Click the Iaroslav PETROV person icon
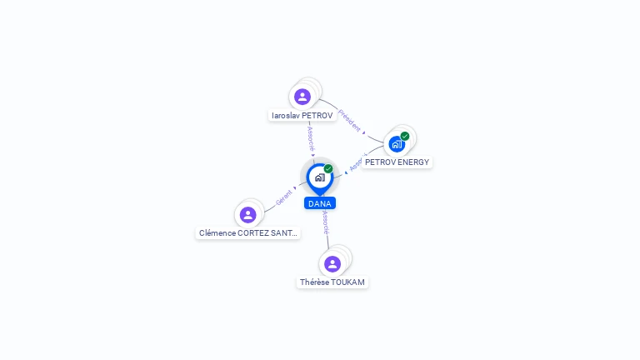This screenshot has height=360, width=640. [302, 97]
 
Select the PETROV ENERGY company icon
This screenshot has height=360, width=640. [397, 143]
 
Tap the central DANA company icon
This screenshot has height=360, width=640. [319, 177]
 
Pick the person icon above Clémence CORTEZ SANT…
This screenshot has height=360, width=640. [247, 215]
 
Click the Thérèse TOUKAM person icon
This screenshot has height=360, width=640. [332, 264]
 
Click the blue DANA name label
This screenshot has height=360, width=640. [320, 203]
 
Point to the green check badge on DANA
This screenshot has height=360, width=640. [328, 169]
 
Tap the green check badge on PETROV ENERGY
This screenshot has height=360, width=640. [405, 136]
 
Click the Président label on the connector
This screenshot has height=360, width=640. [351, 120]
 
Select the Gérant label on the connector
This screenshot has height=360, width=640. [283, 197]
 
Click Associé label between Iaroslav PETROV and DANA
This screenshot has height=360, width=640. [311, 138]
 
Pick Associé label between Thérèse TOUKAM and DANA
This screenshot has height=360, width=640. [326, 222]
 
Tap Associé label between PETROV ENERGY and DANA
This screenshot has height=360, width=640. [357, 162]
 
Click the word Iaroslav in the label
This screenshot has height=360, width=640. [286, 116]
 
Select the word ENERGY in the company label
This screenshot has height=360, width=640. [412, 162]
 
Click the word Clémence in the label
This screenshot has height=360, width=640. [217, 233]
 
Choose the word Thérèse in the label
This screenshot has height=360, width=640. [314, 282]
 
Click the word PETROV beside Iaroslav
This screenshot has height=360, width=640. [317, 116]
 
